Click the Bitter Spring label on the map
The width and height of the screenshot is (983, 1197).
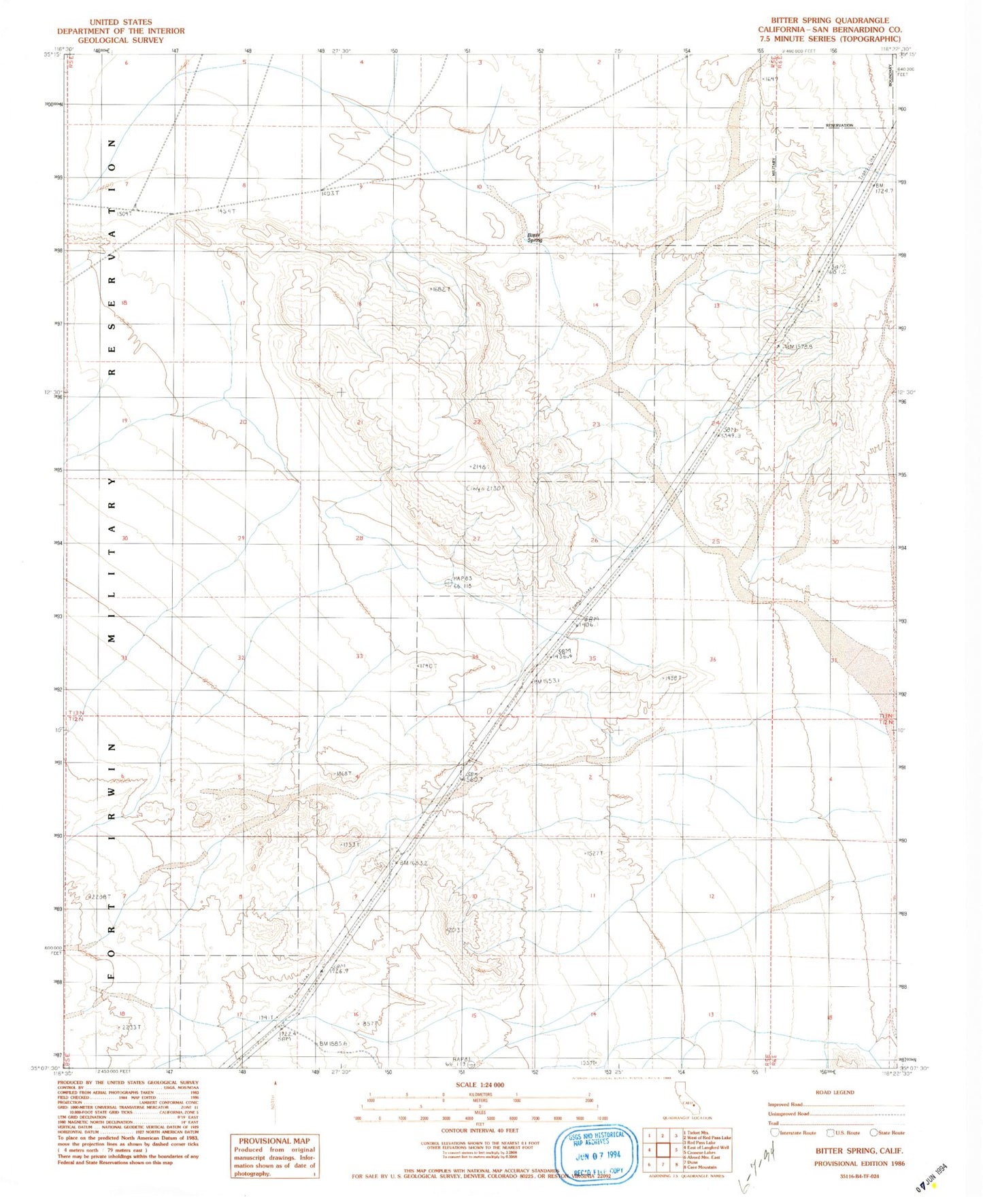click(535, 237)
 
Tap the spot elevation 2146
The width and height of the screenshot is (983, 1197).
click(478, 467)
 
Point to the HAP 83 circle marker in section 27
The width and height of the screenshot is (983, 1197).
click(448, 582)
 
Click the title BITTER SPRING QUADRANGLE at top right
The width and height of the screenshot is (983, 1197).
click(829, 20)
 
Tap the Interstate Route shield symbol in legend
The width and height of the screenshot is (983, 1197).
click(775, 1132)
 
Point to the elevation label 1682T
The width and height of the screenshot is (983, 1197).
click(439, 290)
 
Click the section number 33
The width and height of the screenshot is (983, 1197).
click(359, 656)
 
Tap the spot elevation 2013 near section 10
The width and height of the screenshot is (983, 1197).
click(454, 930)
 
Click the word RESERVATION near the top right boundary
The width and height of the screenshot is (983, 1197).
click(839, 126)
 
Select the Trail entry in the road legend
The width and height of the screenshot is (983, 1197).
click(773, 1123)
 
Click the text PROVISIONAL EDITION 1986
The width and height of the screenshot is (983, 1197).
click(859, 1164)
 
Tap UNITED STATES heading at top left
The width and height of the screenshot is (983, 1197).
click(120, 22)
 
